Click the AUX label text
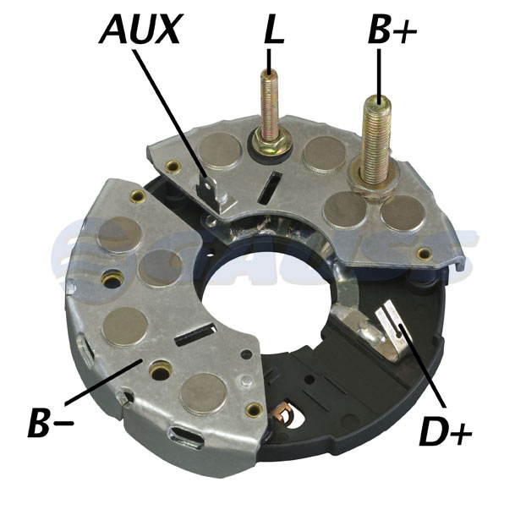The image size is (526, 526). [x=141, y=29]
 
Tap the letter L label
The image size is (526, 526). [x=274, y=30]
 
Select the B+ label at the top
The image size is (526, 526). [x=392, y=30]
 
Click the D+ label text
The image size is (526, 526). [x=446, y=430]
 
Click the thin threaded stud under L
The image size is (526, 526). [x=269, y=104]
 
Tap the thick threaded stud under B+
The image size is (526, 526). [x=377, y=140]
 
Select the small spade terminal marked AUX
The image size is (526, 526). [x=215, y=195]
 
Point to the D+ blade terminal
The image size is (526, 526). [x=392, y=331]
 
